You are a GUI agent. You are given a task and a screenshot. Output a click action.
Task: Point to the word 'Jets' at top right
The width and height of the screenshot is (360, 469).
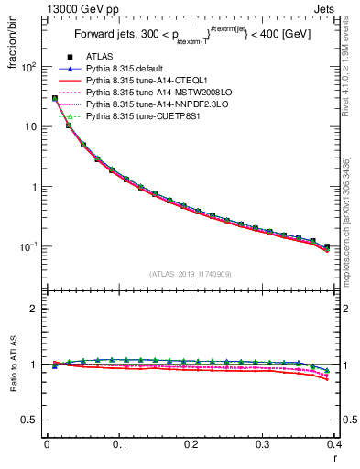(338, 7)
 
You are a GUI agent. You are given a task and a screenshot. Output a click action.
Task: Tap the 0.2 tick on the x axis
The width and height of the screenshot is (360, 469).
(191, 444)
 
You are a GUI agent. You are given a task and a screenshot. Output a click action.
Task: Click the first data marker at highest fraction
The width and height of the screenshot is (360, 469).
(54, 98)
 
